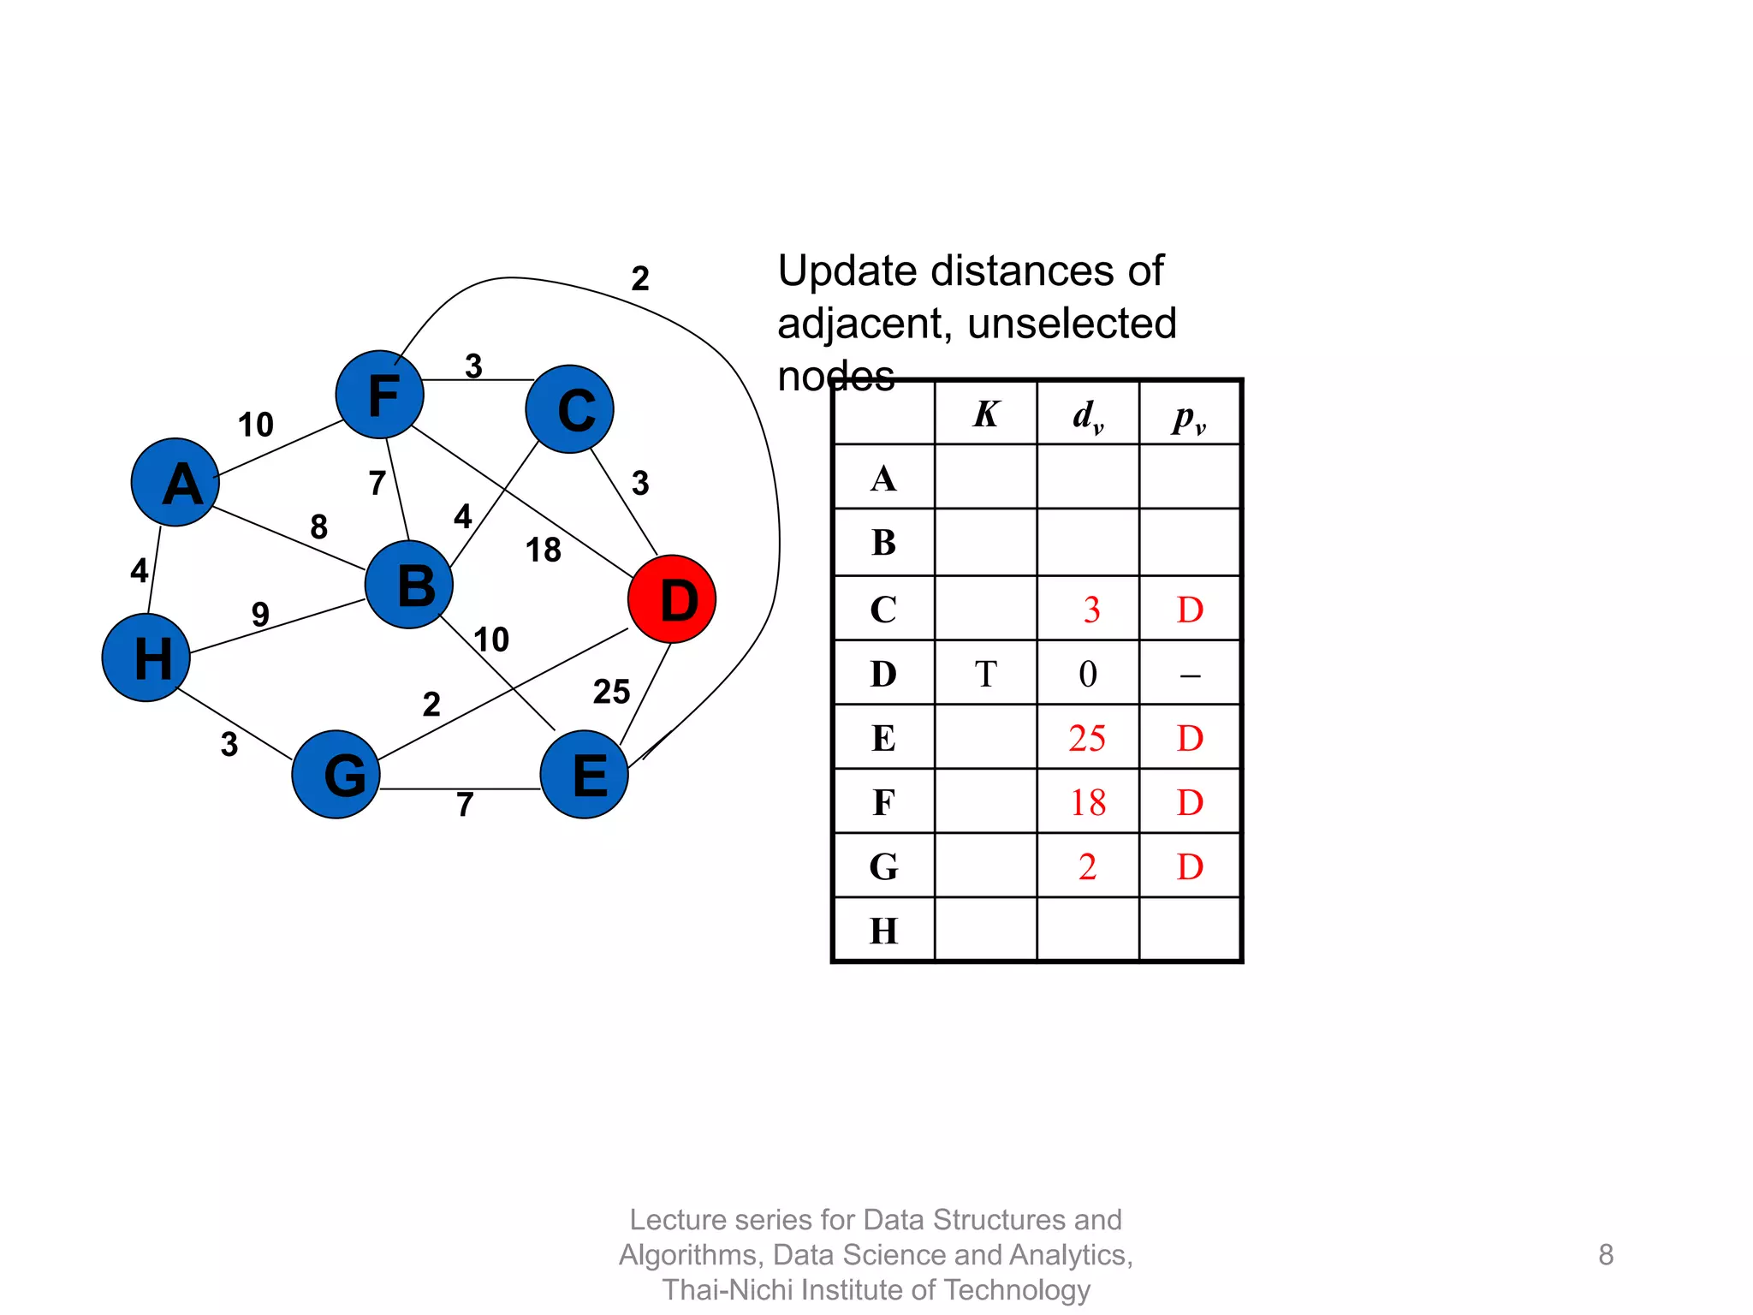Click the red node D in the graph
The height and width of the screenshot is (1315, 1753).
pyautogui.click(x=672, y=599)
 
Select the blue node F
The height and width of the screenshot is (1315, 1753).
pyautogui.click(x=380, y=395)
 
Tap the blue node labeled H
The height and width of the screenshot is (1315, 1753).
pyautogui.click(x=146, y=657)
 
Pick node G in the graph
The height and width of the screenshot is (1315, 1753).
pyautogui.click(x=336, y=774)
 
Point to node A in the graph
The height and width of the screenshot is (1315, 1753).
pyautogui.click(x=175, y=482)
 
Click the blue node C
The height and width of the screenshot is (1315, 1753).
pyautogui.click(x=570, y=409)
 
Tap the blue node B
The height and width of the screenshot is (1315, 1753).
pyautogui.click(x=409, y=586)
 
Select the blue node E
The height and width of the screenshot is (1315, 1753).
pyautogui.click(x=585, y=774)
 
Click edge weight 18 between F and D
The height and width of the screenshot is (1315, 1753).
pyautogui.click(x=544, y=550)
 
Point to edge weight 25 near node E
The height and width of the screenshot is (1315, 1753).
pyautogui.click(x=611, y=692)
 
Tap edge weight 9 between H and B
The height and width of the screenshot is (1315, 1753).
pyautogui.click(x=260, y=614)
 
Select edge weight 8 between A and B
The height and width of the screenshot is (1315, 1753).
pyautogui.click(x=318, y=527)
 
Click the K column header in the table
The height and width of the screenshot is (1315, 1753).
pyautogui.click(x=985, y=414)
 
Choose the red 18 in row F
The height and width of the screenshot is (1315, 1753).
pyautogui.click(x=1088, y=803)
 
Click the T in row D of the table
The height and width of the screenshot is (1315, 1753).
pyautogui.click(x=985, y=675)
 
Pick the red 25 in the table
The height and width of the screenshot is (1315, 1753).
pyautogui.click(x=1087, y=739)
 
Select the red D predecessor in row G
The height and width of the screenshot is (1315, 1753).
pyautogui.click(x=1190, y=867)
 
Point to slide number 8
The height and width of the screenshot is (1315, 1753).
pyautogui.click(x=1606, y=1255)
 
